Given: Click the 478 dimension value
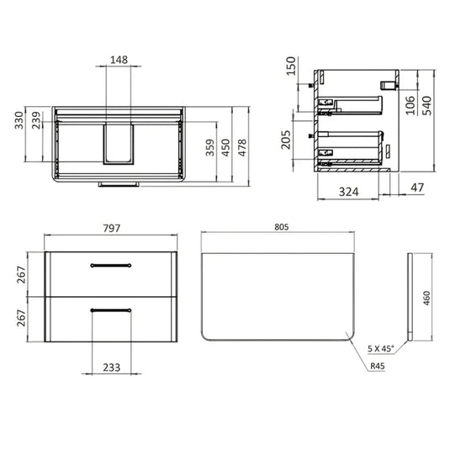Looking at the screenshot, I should click(x=242, y=147).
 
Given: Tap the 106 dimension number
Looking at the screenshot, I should click(x=410, y=105).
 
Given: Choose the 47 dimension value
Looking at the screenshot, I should click(x=418, y=187).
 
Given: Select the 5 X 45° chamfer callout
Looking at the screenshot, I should click(x=381, y=347).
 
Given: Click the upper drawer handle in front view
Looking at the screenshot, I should click(x=111, y=265).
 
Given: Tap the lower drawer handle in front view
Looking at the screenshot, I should click(x=111, y=311).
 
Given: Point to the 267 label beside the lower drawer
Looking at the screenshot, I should click(x=23, y=318).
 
